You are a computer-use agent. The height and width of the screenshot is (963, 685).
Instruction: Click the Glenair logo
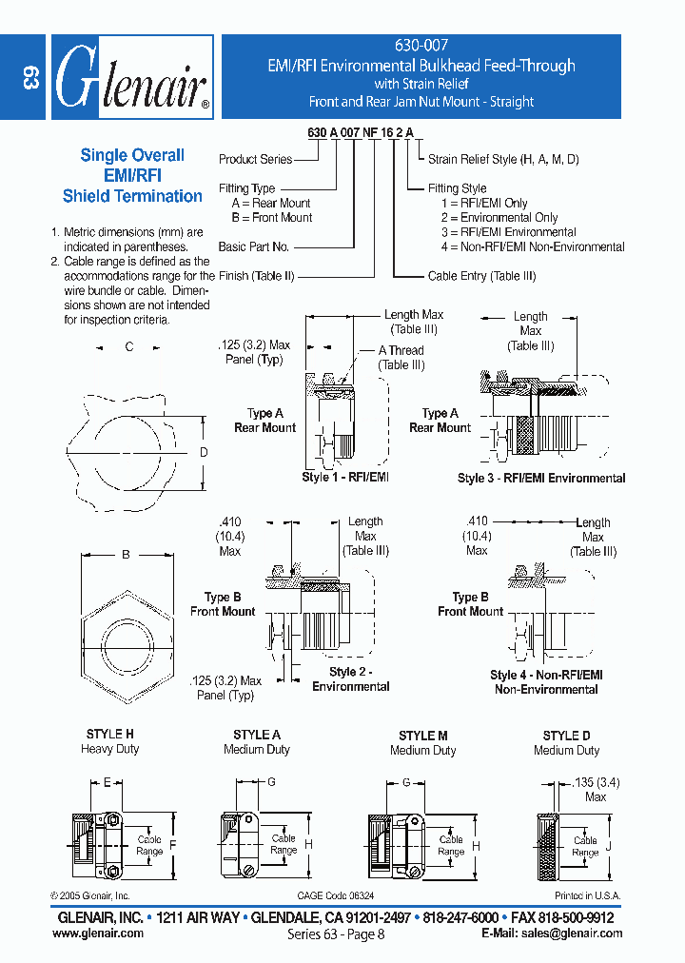click(130, 77)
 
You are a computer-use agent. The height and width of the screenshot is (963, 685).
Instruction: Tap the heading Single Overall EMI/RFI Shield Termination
click(132, 176)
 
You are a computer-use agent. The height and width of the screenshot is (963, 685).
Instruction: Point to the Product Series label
click(255, 160)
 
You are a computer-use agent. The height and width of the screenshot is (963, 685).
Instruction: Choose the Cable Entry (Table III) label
click(481, 276)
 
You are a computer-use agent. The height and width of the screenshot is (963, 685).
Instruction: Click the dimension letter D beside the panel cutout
click(203, 453)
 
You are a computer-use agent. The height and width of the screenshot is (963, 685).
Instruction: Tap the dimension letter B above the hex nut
click(126, 553)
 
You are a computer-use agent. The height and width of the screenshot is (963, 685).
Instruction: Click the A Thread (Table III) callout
click(401, 358)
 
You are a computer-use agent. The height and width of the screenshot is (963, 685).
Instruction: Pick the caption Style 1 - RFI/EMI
click(345, 477)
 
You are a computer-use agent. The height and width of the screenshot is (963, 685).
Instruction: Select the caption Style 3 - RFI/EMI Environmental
click(541, 479)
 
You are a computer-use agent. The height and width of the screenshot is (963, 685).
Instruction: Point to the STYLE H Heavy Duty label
click(111, 742)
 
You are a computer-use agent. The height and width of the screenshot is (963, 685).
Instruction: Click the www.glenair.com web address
click(98, 934)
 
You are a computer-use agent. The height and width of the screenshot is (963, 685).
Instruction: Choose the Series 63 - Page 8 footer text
click(336, 935)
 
